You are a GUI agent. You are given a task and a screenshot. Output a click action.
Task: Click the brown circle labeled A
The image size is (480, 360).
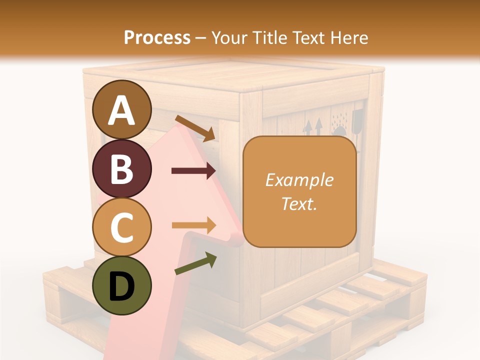[122, 109]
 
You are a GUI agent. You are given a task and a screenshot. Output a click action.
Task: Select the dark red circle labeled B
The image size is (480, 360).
[122, 168]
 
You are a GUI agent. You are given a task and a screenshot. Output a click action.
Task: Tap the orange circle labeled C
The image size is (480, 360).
[122, 227]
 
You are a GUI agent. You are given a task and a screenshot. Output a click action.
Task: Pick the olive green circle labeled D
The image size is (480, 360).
[122, 285]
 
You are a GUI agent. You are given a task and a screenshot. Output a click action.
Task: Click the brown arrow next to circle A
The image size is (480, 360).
[195, 127]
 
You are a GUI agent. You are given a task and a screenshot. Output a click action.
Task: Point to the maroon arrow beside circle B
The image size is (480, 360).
[193, 171]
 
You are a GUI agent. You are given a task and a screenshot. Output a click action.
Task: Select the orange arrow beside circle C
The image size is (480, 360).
[193, 225]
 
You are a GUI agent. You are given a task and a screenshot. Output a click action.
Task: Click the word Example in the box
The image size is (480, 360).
[299, 180]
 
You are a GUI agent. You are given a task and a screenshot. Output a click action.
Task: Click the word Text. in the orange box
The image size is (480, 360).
[299, 203]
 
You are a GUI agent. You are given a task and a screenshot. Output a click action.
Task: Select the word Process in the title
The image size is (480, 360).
[157, 37]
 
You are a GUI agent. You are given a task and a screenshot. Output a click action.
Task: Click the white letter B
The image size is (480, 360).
[122, 169]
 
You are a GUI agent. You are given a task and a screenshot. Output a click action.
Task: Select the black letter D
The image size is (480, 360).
[122, 286]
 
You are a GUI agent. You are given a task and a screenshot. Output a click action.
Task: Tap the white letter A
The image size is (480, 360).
[122, 110]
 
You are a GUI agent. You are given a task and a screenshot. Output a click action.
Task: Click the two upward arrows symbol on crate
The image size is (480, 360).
[313, 127]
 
